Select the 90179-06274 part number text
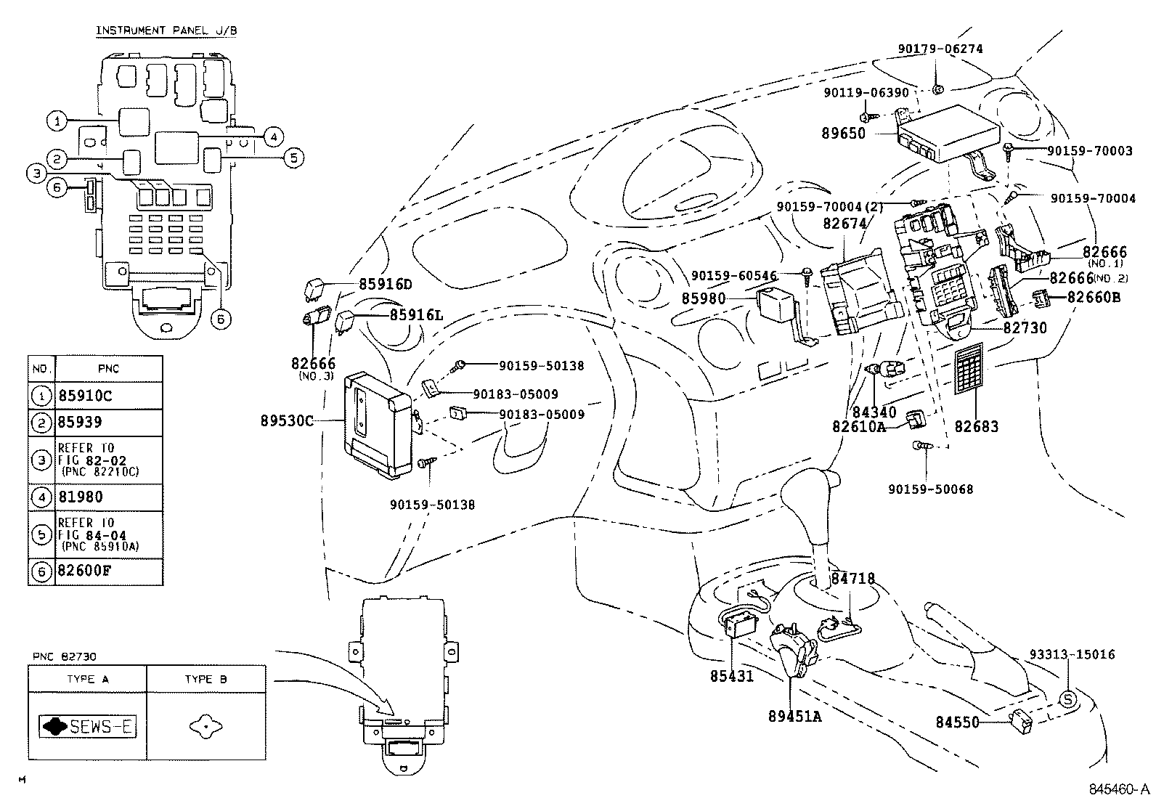[x=940, y=49]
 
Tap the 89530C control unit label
[x=288, y=420]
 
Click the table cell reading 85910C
[x=86, y=396]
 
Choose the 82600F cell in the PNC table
[x=84, y=571]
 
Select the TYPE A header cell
[x=86, y=679]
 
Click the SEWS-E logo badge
[x=88, y=726]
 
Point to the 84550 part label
[x=957, y=722]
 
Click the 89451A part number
[x=794, y=716]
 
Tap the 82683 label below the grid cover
[x=976, y=426]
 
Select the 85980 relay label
[x=704, y=298]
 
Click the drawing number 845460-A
[x=1118, y=789]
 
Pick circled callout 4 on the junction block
[x=272, y=136]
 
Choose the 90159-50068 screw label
[x=930, y=489]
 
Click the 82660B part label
[x=1094, y=296]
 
